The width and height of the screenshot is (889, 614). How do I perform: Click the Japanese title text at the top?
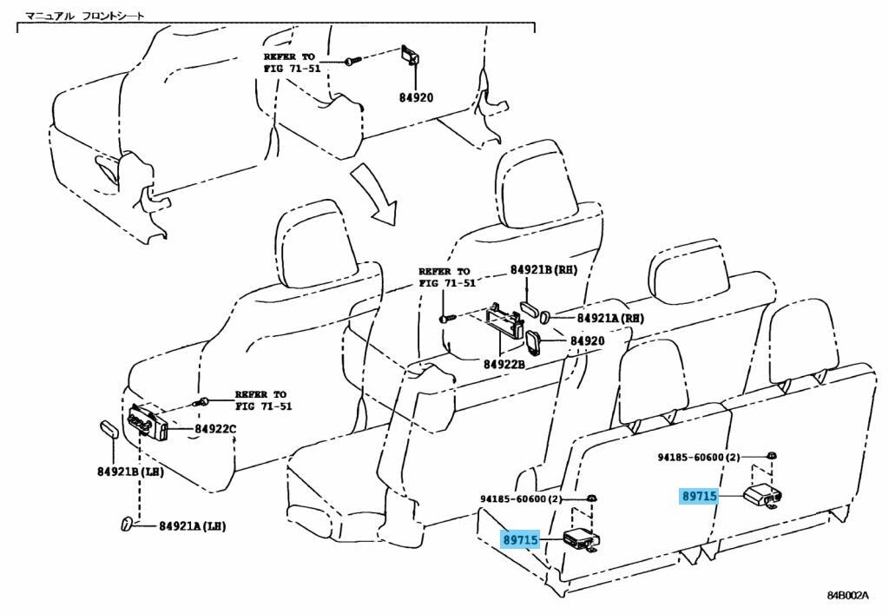point(84,16)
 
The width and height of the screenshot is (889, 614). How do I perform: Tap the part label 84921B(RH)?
point(544,270)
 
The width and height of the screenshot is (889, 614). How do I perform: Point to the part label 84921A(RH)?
point(609,319)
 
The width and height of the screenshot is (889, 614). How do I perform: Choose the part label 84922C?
point(215,429)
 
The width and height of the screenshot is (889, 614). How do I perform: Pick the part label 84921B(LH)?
point(118,472)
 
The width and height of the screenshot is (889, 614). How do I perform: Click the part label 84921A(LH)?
point(189,526)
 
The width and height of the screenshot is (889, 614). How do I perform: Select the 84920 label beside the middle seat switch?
point(587,341)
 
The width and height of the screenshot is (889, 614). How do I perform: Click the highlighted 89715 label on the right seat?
point(698,496)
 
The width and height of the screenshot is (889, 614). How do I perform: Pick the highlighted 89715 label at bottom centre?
point(521,540)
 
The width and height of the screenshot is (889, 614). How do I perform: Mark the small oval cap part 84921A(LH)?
point(126,523)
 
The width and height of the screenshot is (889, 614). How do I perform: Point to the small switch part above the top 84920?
point(409,56)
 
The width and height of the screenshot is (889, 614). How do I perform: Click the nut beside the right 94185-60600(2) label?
point(771,456)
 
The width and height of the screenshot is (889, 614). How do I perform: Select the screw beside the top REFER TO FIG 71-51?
point(348,62)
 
